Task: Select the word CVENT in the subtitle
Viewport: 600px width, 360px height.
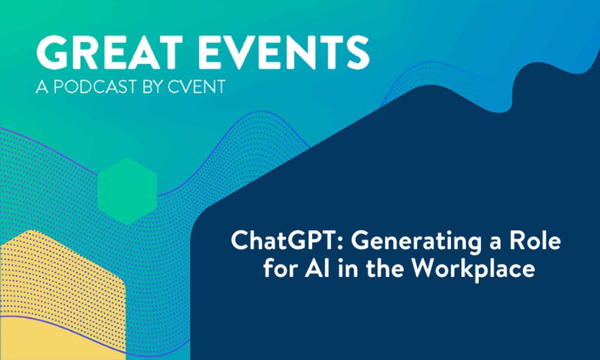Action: (196, 87)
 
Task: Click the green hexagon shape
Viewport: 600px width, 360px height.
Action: (127, 191)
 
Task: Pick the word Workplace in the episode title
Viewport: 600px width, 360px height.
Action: (473, 269)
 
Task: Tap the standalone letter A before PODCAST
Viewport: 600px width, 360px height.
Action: (42, 87)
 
